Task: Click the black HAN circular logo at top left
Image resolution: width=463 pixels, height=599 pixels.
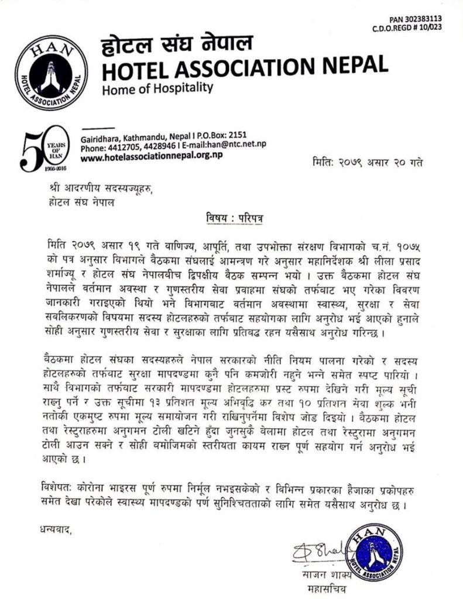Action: (x=52, y=73)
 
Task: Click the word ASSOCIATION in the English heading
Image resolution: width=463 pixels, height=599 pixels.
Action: (x=247, y=69)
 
